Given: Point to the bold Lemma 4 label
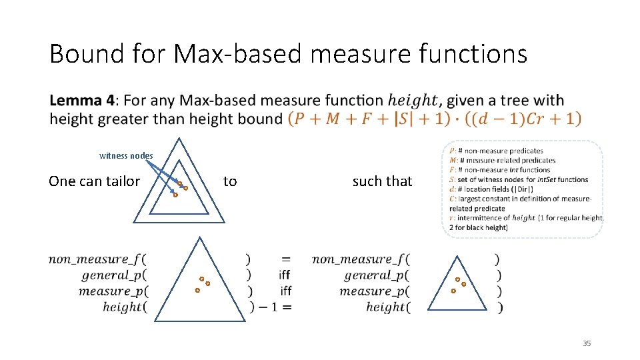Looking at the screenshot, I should tap(82, 101).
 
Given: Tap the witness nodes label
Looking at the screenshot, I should tap(126, 156).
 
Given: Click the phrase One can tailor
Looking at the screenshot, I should tap(95, 181).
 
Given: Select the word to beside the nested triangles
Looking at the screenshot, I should tap(230, 181).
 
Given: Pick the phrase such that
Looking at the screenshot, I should tap(382, 181).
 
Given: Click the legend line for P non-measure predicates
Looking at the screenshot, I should tap(497, 151).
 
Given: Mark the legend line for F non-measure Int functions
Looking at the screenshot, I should tap(500, 170).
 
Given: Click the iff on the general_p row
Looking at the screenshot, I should tap(285, 275).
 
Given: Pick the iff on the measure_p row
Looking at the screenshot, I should tap(285, 291).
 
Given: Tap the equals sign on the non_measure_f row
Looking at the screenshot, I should tap(285, 259).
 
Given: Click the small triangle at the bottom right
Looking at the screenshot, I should tap(458, 284).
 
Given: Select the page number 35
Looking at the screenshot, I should tap(587, 343).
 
